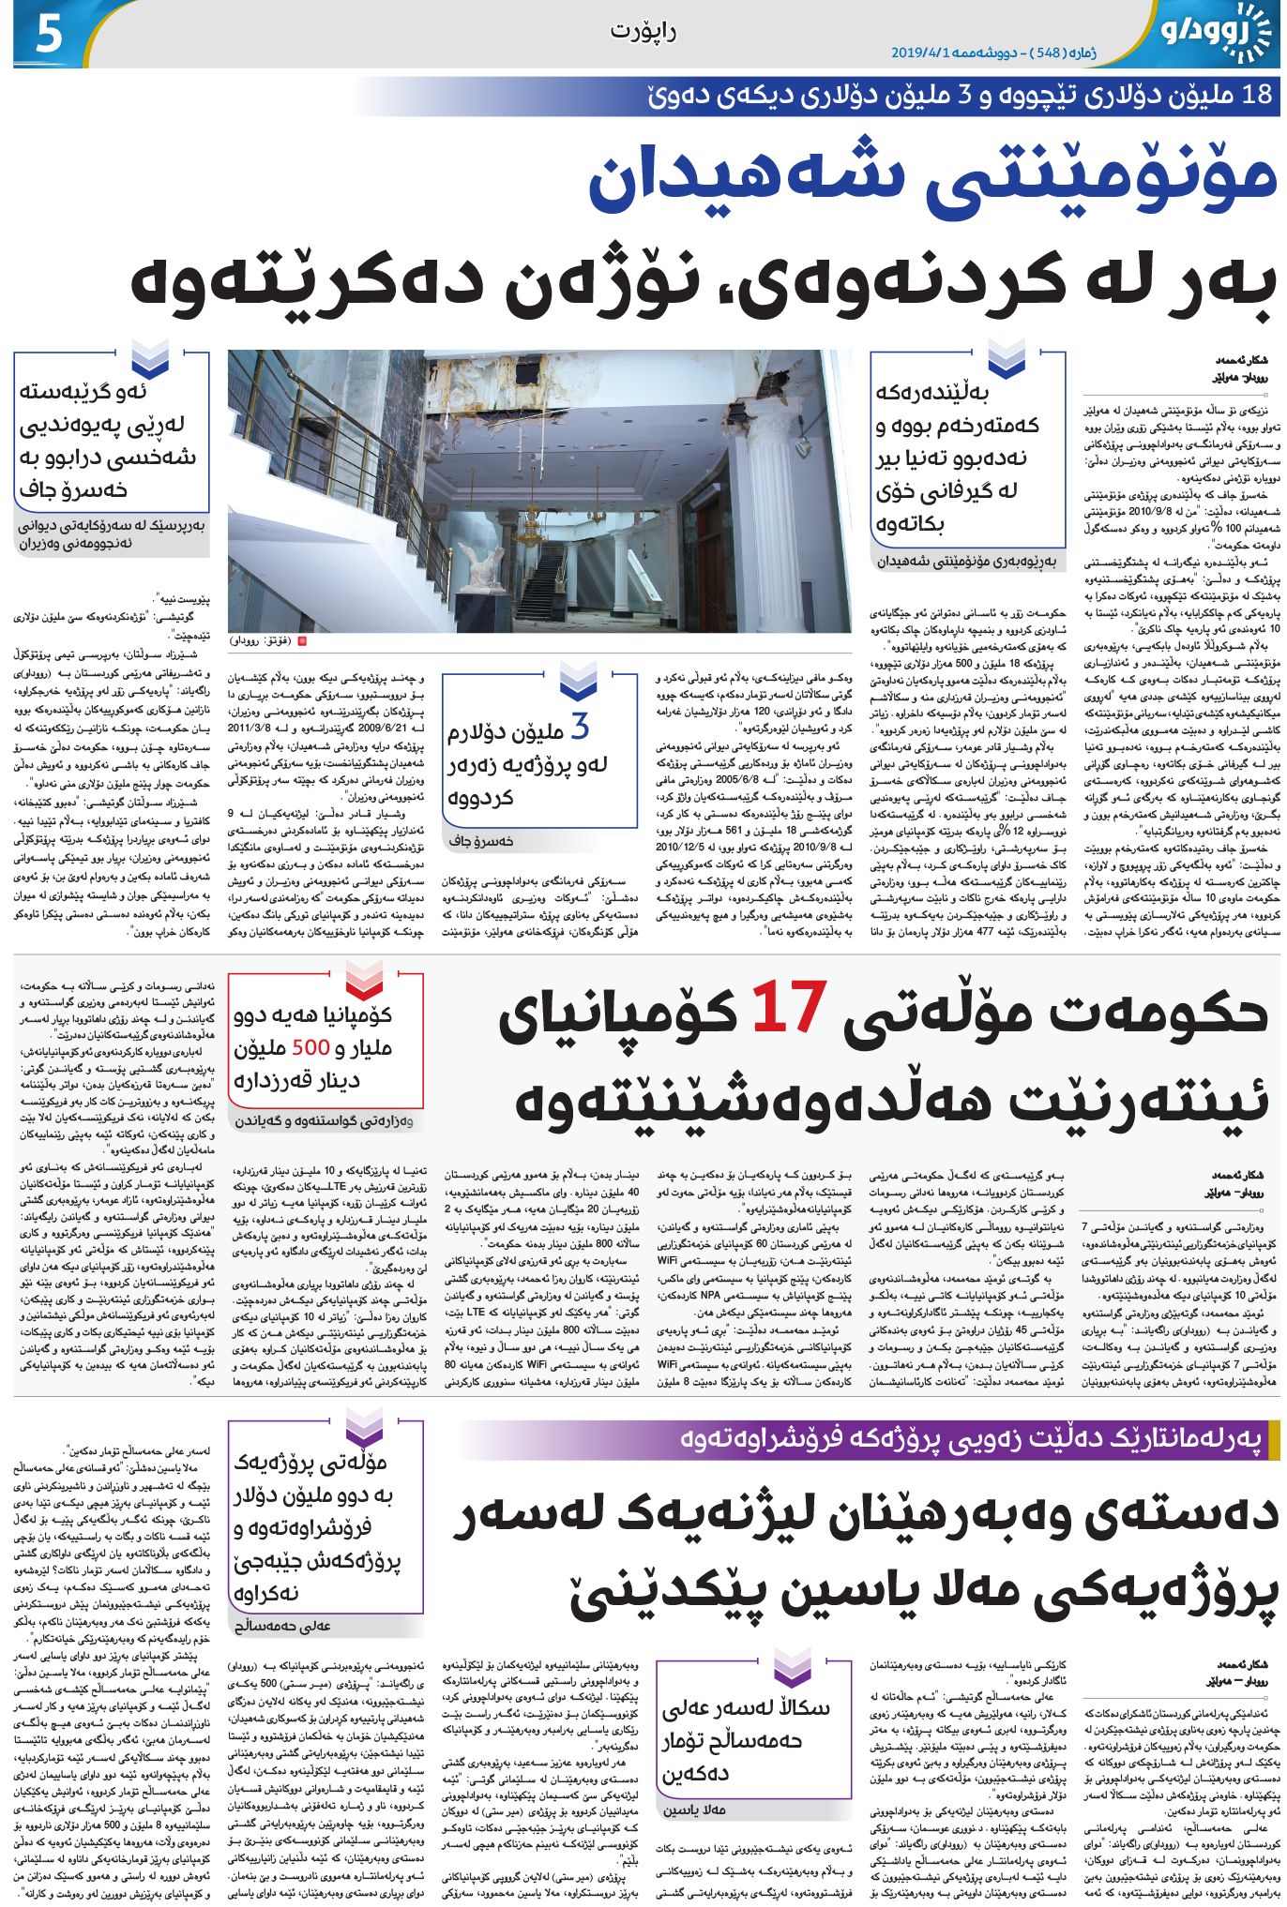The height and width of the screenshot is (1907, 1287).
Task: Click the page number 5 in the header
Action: pos(48,33)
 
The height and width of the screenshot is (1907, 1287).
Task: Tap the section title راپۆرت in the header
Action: pos(643,31)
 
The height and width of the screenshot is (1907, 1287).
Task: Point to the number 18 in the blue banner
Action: pos(1256,94)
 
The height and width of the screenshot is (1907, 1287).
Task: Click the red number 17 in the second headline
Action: pos(789,1008)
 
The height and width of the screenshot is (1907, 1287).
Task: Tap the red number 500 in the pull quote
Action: pos(310,1047)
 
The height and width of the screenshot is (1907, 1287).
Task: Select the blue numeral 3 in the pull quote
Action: pos(581,728)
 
